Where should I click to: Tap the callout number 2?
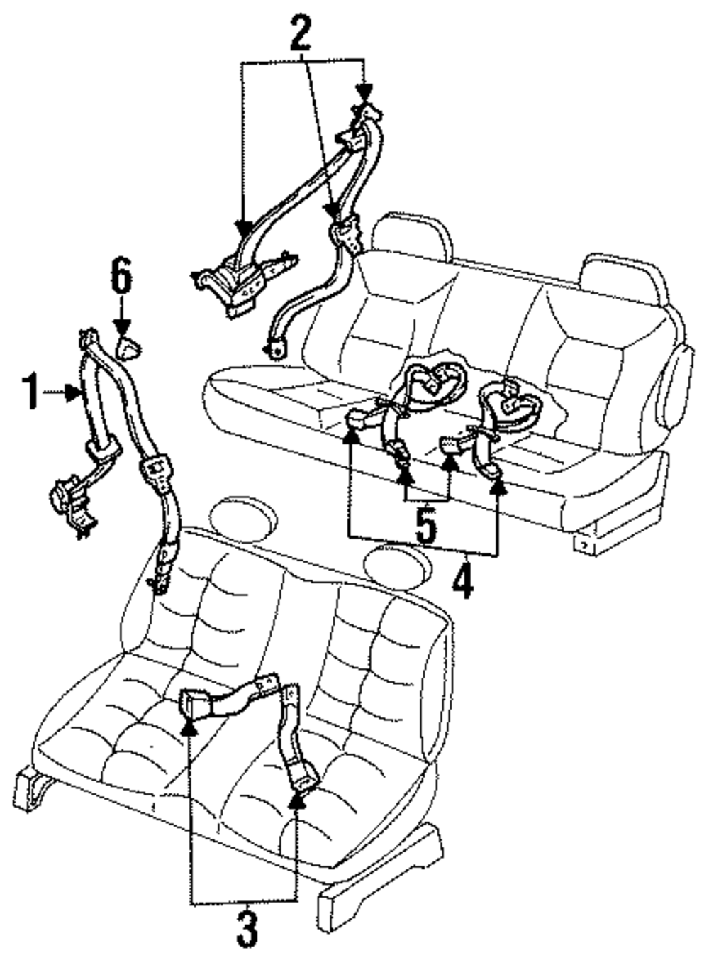pyautogui.click(x=300, y=32)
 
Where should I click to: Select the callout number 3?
pyautogui.click(x=246, y=926)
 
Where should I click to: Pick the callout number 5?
pyautogui.click(x=425, y=526)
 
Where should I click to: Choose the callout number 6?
pyautogui.click(x=121, y=278)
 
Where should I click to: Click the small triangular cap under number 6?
pyautogui.click(x=128, y=349)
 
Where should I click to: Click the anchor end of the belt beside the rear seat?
pyautogui.click(x=272, y=348)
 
